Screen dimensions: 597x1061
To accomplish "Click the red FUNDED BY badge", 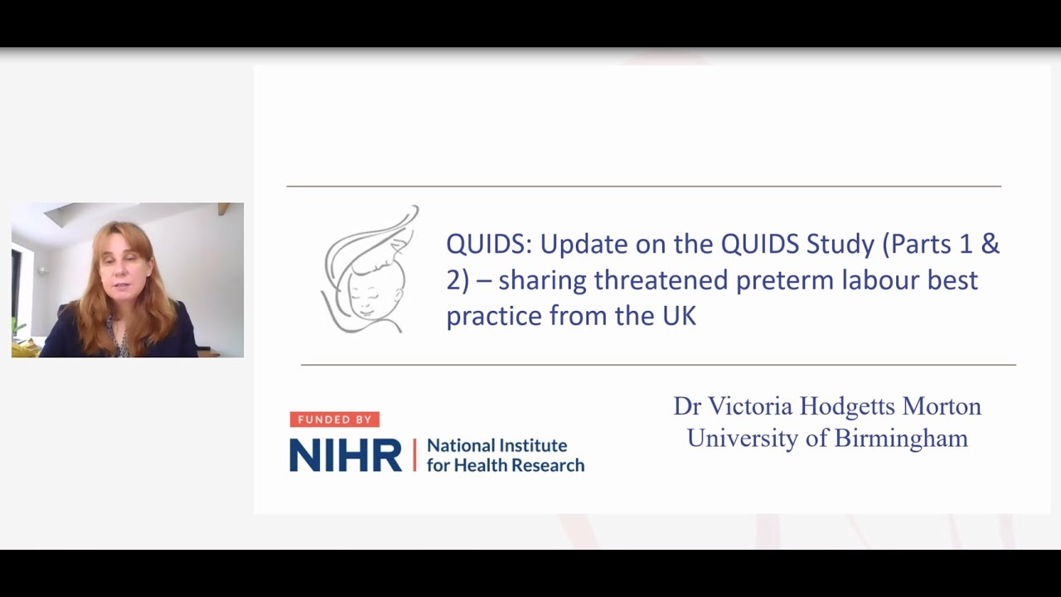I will pos(334,420).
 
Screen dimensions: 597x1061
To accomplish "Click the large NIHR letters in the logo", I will pos(345,456).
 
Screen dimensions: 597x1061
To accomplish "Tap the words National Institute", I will pos(497,445).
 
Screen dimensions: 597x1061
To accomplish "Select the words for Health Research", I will pos(505,465).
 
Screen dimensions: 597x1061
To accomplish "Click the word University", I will pos(742,438).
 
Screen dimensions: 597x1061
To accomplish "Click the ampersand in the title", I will pos(990,245).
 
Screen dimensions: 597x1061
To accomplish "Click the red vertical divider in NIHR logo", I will pos(414,455).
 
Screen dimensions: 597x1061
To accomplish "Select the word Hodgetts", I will pos(845,406).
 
